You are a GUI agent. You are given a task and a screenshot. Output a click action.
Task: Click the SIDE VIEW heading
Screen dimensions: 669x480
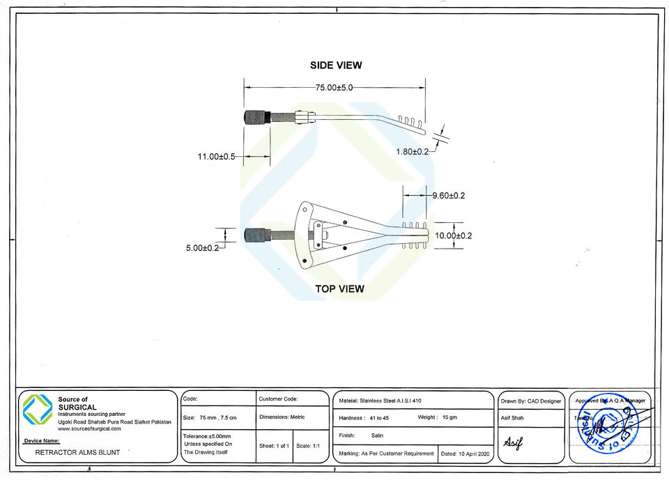coord(336,65)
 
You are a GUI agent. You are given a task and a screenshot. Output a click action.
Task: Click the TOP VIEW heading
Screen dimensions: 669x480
coord(339,288)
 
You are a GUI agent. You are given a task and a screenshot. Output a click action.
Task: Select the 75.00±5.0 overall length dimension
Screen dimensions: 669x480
coord(334,88)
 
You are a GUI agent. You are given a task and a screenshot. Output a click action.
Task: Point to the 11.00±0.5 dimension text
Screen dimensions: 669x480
coord(217,157)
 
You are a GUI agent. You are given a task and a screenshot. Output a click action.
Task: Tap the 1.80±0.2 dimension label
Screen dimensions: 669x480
coord(413,151)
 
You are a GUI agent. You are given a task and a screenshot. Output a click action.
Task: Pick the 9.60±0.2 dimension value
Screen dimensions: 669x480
coord(448,196)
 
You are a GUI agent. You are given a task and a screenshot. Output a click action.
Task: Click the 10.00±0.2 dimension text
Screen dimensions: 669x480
coord(453,235)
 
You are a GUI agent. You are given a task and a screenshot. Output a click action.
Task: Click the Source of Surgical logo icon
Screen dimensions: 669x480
coord(38,408)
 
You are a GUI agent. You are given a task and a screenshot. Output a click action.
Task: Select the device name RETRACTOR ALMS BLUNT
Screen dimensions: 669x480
coord(78,452)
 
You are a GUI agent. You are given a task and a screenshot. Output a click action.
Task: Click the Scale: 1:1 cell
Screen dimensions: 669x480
coord(308,445)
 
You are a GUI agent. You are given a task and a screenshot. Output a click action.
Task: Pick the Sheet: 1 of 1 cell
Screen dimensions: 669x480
coord(274,445)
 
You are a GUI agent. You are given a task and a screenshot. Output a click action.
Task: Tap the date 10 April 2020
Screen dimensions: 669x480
coord(468,454)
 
